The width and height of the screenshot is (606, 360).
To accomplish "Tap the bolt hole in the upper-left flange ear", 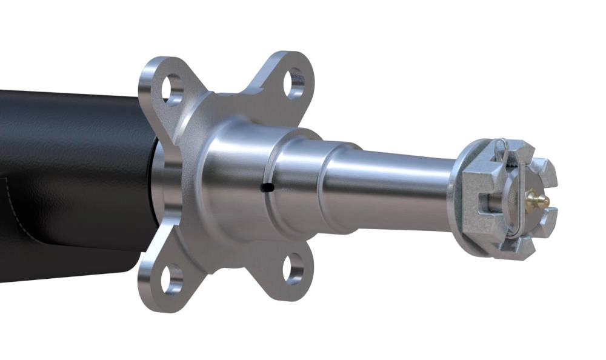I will click(172, 87).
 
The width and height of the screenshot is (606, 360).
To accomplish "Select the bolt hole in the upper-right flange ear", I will click(295, 83).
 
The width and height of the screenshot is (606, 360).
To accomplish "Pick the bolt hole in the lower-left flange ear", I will click(171, 276).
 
